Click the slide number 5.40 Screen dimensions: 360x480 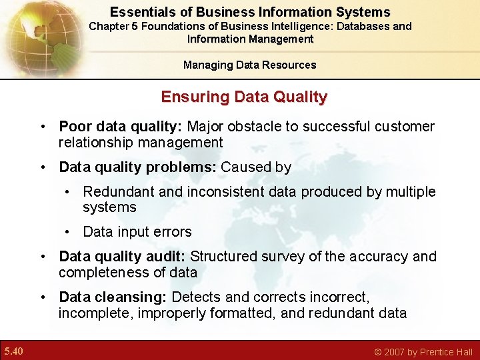(x=13, y=351)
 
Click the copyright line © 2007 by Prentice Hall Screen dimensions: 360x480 (x=423, y=352)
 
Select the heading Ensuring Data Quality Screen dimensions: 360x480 (x=244, y=97)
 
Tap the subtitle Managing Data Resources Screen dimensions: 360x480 (x=250, y=65)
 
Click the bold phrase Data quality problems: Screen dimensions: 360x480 (x=137, y=167)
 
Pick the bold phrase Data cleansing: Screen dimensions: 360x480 (x=113, y=297)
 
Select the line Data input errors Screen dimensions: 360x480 (x=137, y=232)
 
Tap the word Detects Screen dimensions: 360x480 (x=196, y=297)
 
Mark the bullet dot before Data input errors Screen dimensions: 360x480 (x=69, y=232)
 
